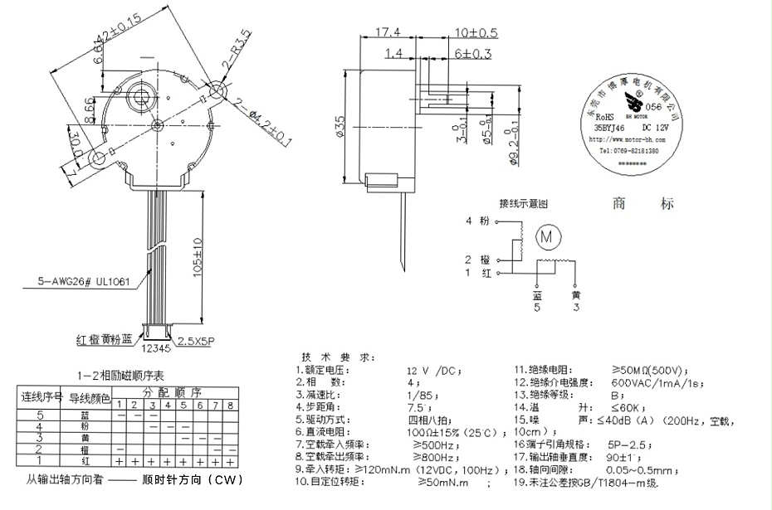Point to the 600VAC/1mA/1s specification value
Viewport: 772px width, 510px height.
click(656, 382)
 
